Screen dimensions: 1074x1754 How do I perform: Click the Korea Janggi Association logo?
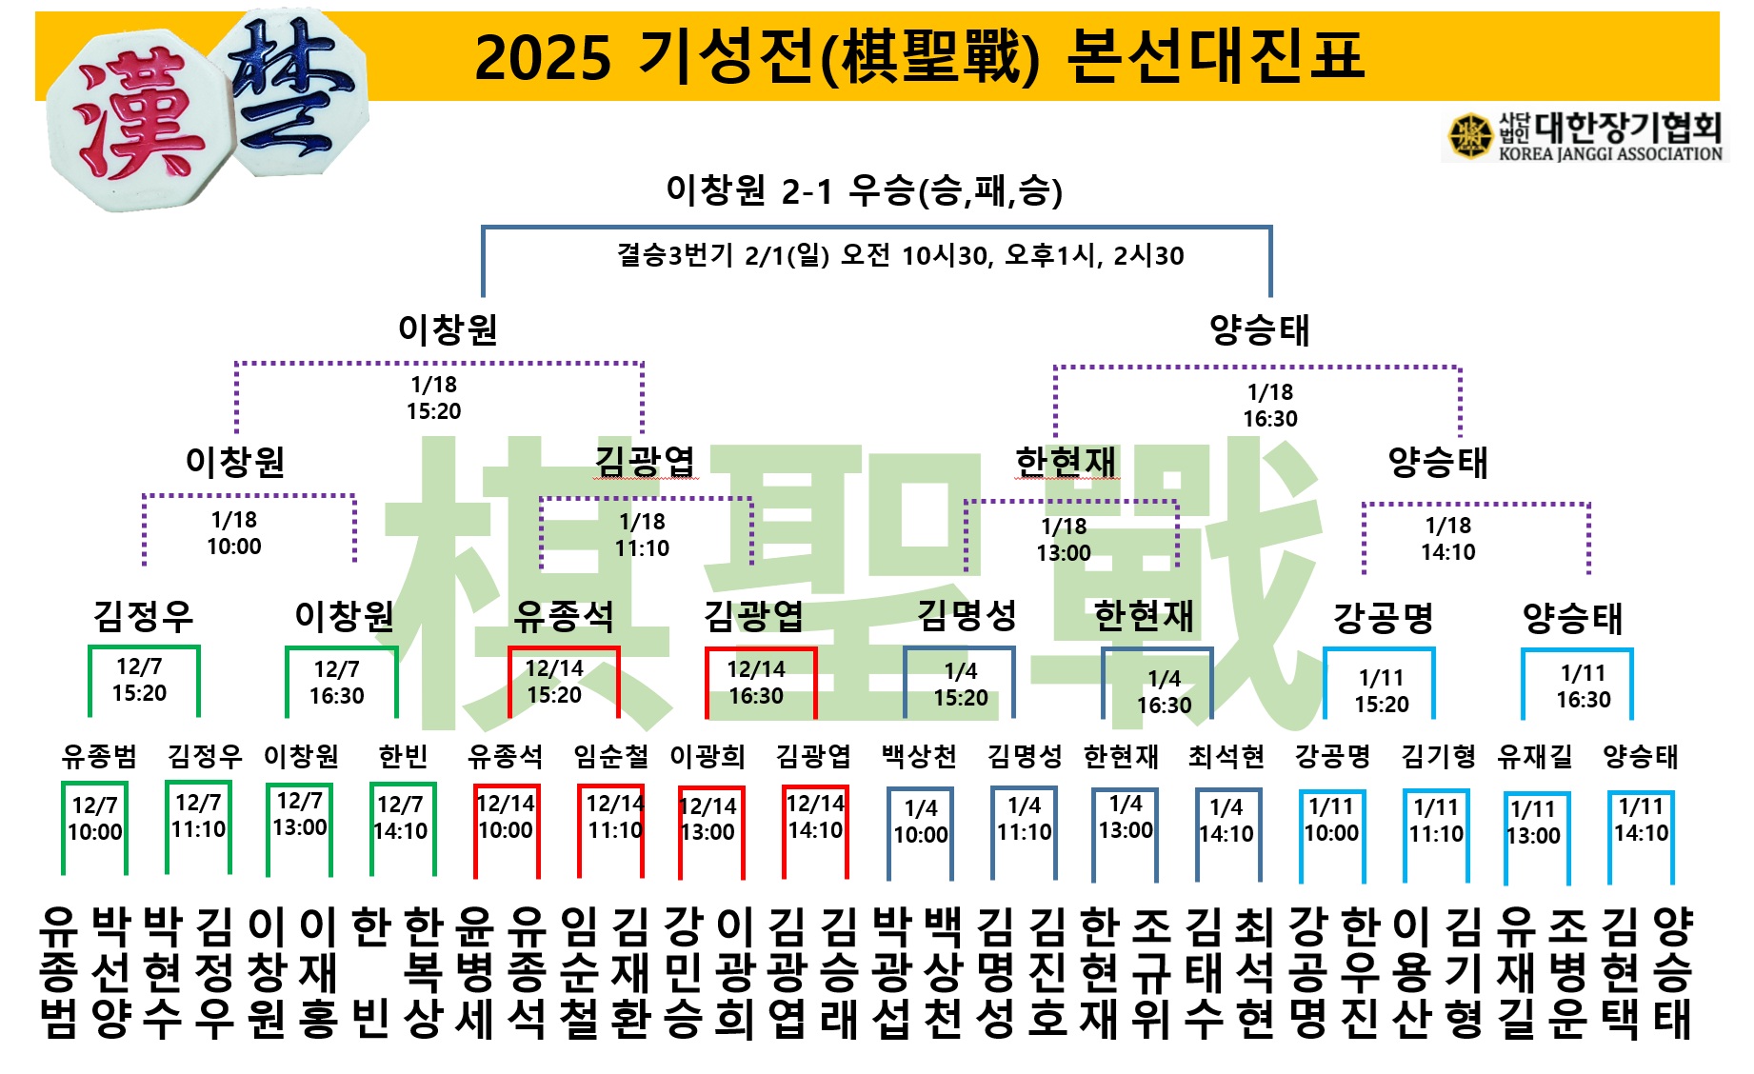1585,136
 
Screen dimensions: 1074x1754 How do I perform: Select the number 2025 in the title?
542,56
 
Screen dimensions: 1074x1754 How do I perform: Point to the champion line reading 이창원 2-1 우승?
863,190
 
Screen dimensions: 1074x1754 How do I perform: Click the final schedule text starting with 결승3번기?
900,255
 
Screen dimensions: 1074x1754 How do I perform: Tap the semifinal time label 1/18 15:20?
433,398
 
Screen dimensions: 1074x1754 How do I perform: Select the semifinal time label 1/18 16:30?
1269,406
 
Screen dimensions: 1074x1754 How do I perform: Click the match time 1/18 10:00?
234,533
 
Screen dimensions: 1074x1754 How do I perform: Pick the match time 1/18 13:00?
1064,540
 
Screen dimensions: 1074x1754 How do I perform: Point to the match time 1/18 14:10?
1447,539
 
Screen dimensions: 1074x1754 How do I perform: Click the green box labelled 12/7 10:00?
95,820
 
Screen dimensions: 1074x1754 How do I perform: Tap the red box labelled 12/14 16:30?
759,683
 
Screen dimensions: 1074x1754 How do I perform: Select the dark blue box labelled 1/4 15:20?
960,685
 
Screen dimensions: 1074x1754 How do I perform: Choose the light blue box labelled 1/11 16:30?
1583,686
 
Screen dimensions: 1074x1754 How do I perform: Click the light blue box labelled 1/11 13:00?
1533,824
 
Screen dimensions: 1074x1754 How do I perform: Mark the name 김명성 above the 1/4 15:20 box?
967,616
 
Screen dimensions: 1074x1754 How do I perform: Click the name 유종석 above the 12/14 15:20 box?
563,617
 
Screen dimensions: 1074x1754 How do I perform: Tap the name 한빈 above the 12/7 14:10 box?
403,757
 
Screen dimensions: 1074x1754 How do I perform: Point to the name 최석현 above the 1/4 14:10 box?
1226,757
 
